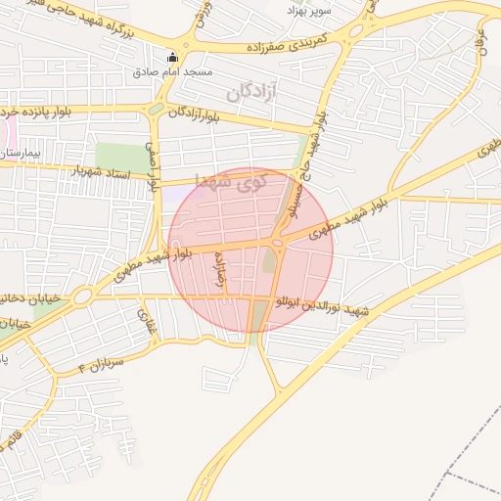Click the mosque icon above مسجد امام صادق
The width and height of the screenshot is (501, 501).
point(173,57)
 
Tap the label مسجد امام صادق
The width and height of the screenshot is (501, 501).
point(172,72)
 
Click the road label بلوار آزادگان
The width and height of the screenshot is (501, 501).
point(205,114)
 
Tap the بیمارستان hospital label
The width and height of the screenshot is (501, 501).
point(20,154)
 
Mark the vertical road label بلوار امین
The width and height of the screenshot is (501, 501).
point(152,167)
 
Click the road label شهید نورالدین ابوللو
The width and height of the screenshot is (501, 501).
point(323,306)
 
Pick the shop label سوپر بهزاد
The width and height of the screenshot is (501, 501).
point(309,10)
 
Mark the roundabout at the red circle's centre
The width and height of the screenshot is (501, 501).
point(279,242)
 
